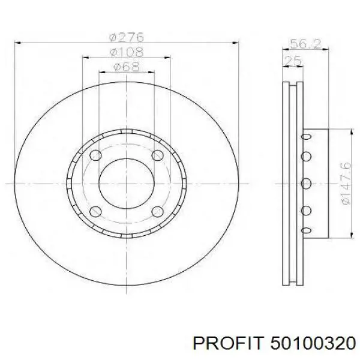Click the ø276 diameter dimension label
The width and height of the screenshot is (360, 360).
127,37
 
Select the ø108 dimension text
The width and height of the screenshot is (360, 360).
127,52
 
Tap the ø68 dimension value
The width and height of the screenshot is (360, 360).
127,67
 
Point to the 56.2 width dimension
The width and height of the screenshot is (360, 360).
305,44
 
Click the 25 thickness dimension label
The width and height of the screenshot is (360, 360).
293,61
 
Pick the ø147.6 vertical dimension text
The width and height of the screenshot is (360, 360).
346,183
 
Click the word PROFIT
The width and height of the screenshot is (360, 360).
227,344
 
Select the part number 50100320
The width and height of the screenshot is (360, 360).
313,344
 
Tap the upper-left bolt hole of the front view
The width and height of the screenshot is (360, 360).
95,155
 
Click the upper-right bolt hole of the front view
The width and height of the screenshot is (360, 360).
157,155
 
